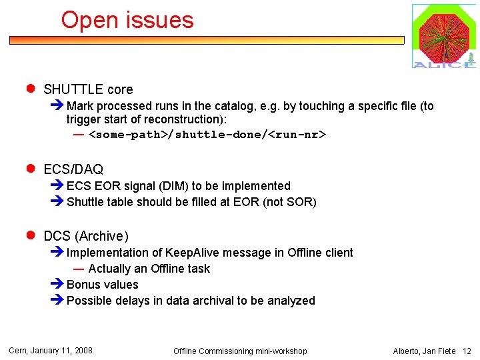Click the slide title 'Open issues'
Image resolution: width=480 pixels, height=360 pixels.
coord(127,20)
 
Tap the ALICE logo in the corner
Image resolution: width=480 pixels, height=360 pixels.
coord(443,36)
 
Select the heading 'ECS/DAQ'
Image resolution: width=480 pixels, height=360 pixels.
coord(73,169)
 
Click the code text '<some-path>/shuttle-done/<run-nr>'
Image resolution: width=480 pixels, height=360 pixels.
coord(207,135)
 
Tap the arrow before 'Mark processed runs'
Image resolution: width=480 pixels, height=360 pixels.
coord(57,106)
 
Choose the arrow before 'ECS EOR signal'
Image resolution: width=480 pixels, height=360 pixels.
coord(57,186)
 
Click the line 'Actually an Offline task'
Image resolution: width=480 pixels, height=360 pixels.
coord(149,269)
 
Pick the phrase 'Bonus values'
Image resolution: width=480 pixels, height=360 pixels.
coord(103,285)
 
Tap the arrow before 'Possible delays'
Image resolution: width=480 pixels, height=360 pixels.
coord(57,301)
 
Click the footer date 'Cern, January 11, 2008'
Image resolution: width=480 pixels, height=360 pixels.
coord(51,351)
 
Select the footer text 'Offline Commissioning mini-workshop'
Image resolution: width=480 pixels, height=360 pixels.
coord(240,351)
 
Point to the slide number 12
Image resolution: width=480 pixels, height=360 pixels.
coord(467,351)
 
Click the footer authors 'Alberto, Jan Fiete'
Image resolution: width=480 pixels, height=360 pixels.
coord(424,351)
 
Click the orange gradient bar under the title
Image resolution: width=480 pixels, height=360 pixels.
coord(207,40)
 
